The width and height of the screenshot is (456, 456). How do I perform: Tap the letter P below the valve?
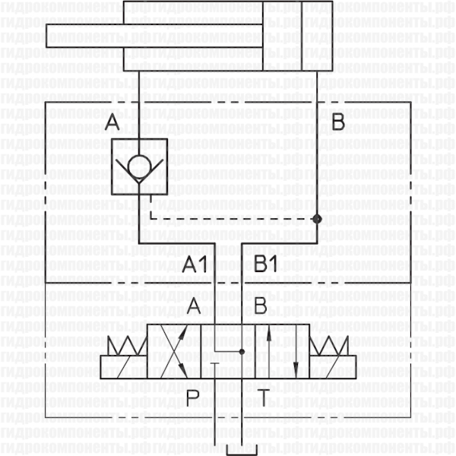pos(193,396)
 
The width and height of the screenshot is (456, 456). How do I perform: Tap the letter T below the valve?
pos(262,396)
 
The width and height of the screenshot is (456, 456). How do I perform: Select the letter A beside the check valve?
pos(112,122)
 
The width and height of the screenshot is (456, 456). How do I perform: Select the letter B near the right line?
pos(339,122)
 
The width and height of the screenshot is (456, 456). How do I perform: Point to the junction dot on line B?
pos(317,219)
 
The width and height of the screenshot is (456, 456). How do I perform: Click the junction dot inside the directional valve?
pos(242,352)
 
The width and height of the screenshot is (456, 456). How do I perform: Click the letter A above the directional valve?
pos(195,308)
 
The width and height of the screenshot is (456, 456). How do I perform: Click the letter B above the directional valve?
pos(260,308)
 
